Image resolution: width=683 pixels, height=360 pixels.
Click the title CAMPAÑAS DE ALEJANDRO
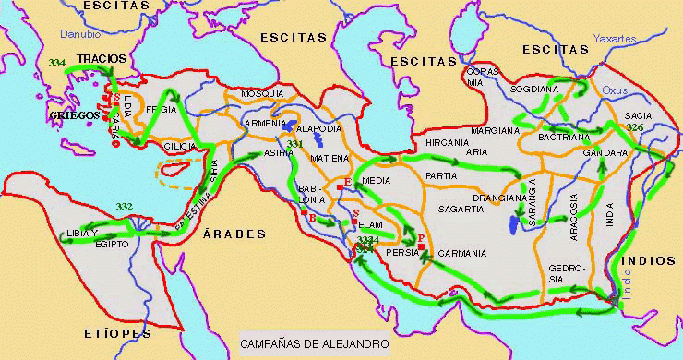(x=315, y=343)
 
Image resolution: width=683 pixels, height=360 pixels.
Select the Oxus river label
(x=614, y=90)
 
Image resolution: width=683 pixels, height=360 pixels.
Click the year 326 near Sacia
(x=635, y=126)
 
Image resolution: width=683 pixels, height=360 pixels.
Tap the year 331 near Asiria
(x=294, y=145)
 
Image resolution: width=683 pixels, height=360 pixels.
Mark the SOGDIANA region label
(x=535, y=90)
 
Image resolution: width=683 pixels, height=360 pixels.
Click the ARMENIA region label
(x=265, y=123)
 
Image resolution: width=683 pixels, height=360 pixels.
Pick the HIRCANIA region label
(x=447, y=143)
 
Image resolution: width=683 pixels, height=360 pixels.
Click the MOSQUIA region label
(x=262, y=94)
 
